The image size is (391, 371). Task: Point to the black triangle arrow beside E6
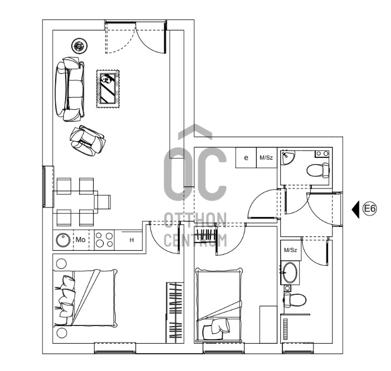coord(356,209)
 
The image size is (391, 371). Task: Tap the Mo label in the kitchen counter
coord(81,240)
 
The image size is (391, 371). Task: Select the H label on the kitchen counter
coord(131,240)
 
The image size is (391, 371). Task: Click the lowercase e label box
coord(246,157)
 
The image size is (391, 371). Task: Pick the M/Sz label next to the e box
coord(266,157)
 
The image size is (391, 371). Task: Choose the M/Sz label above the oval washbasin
coord(290,250)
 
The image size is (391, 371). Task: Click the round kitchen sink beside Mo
coord(63,240)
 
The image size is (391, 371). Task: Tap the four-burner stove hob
coord(104,240)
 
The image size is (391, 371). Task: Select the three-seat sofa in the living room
coord(71,90)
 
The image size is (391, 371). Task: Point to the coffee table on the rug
coord(108,88)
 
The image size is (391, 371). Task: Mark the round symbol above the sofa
coord(79,46)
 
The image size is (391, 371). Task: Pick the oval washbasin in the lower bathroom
coord(290,273)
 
